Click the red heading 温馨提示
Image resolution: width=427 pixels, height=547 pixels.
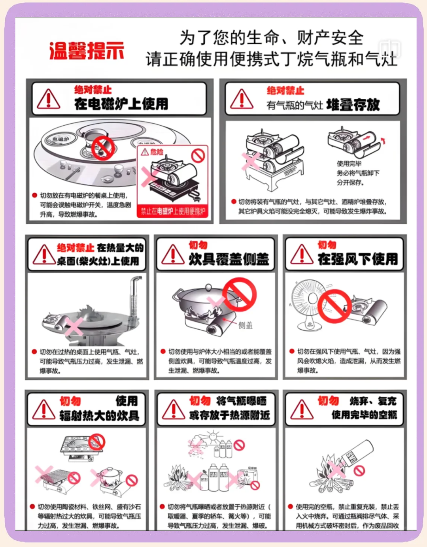tap(86, 51)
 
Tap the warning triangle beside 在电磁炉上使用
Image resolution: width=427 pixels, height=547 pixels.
tap(48, 99)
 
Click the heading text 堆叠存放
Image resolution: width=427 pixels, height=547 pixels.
tap(353, 105)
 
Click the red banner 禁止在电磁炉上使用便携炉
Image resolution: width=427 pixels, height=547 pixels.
tap(173, 211)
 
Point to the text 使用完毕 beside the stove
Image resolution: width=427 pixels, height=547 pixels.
tap(349, 164)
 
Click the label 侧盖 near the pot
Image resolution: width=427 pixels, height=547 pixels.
tap(245, 325)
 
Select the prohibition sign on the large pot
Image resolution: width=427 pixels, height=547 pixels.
tap(239, 295)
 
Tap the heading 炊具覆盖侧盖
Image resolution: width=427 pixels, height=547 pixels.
tap(229, 259)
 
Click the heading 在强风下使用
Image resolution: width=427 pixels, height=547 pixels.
tap(357, 259)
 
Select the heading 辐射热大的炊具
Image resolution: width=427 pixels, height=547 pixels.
tap(99, 416)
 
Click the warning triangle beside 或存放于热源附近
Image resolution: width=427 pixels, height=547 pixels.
tap(173, 410)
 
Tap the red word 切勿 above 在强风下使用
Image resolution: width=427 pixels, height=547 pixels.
tap(327, 245)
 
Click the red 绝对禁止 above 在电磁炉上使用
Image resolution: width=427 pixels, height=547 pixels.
tap(93, 90)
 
